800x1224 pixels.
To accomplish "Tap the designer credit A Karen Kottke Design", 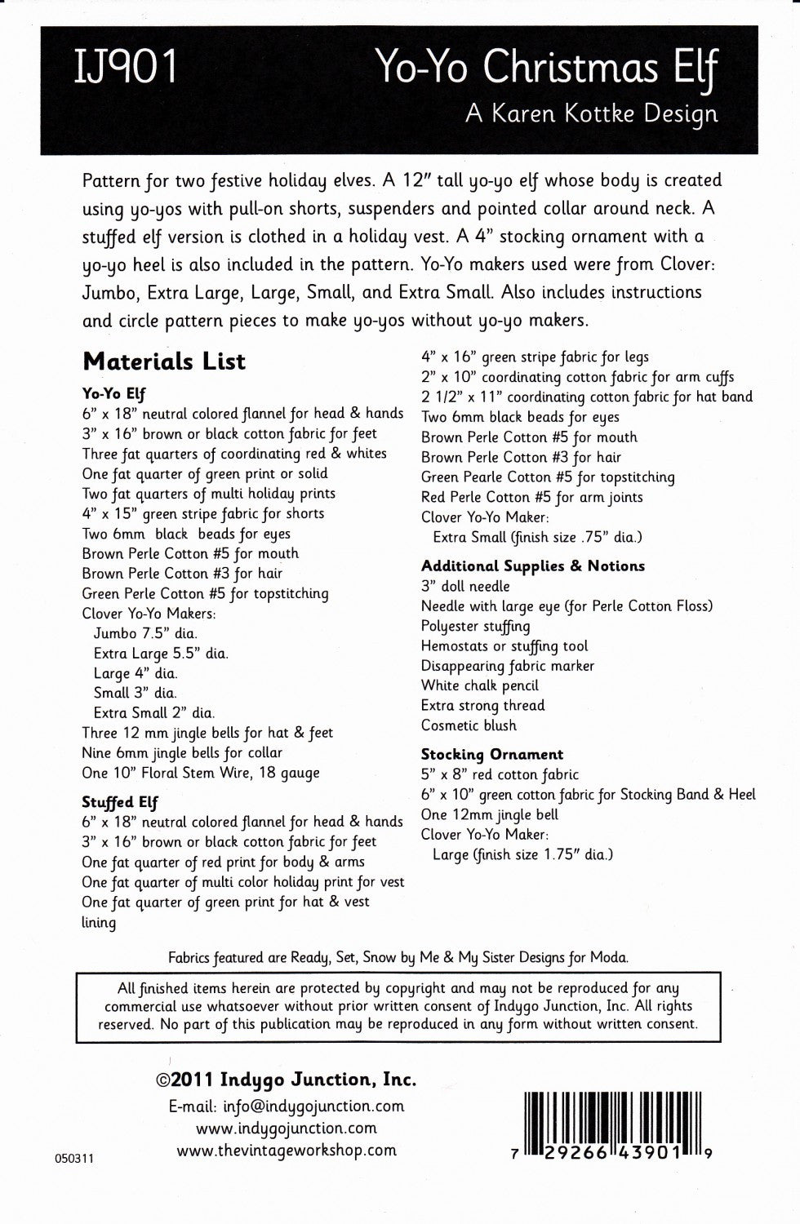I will pos(592,114).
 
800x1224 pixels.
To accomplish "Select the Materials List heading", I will pos(164,361).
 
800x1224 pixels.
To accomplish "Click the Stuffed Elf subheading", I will pos(120,802).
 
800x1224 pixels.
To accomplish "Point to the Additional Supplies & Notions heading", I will pos(532,565).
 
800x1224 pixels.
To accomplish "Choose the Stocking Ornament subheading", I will pos(492,755).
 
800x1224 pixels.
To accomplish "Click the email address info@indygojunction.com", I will pos(287,1106).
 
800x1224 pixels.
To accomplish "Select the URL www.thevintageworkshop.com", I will pos(287,1151).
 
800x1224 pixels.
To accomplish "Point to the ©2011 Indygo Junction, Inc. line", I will pos(286,1080).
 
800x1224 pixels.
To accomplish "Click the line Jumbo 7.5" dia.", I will pos(145,633).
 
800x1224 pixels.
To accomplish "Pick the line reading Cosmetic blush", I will pos(469,725).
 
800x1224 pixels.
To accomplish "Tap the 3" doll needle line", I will pos(465,586).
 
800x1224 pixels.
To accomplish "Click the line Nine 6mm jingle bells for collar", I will pos(182,753).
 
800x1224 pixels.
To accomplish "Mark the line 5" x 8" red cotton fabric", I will pos(500,774).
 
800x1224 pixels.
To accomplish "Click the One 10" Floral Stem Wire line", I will pos(201,773).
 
